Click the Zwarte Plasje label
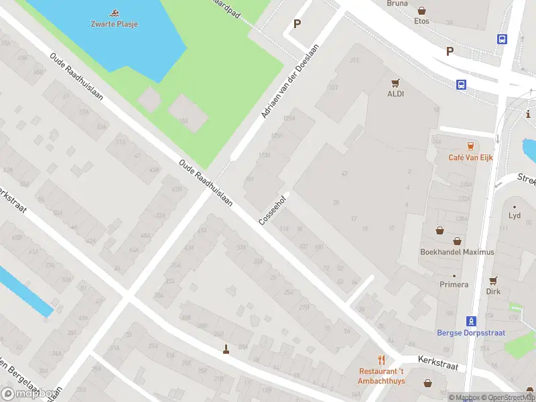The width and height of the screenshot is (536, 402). [115, 24]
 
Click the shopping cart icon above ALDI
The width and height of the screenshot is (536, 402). [395, 84]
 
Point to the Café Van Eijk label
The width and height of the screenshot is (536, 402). [470, 157]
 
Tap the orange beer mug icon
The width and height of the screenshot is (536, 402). [470, 145]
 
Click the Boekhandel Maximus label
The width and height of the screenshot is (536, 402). [457, 252]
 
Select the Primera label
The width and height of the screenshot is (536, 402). [454, 285]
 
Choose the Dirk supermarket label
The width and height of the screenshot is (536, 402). [493, 291]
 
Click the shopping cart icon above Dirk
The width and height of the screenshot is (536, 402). [493, 281]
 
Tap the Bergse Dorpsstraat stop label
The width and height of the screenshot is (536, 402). [470, 332]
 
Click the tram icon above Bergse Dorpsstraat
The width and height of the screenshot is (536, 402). [471, 320]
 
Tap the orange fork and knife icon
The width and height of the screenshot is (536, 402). [381, 360]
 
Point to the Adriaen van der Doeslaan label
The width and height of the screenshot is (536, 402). [289, 82]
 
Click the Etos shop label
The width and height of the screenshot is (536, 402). [421, 21]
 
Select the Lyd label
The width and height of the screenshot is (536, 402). [515, 216]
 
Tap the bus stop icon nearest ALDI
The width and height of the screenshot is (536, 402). [462, 84]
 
